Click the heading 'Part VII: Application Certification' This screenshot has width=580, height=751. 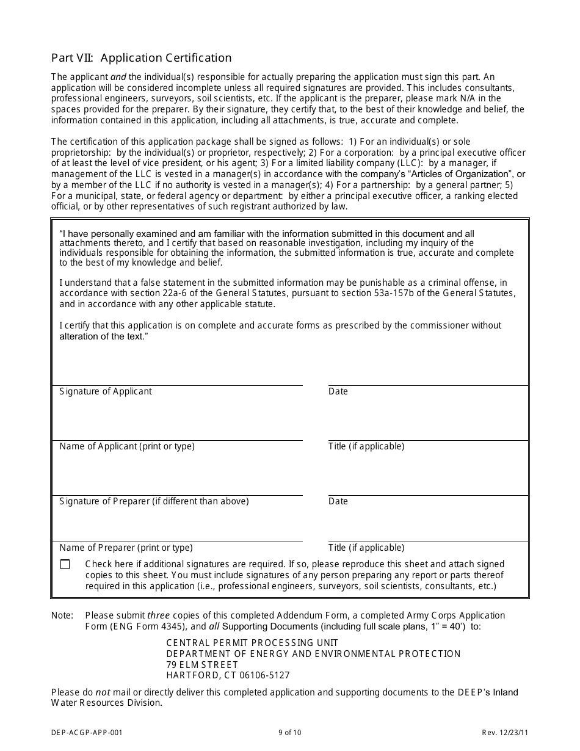point(141,58)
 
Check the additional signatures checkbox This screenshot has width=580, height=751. point(65,565)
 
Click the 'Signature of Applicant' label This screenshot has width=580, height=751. point(106,391)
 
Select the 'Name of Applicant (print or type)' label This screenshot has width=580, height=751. point(127,446)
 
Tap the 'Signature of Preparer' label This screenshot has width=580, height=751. point(154,501)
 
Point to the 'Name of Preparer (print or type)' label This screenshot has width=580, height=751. point(126,548)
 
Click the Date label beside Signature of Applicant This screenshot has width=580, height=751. point(338,391)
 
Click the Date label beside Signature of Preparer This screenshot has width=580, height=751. point(338,501)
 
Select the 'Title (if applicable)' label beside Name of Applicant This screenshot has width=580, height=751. point(366,446)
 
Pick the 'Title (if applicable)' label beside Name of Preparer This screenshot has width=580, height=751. point(366,548)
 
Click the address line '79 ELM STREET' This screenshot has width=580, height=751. point(202,665)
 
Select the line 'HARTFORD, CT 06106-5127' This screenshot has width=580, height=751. point(228,676)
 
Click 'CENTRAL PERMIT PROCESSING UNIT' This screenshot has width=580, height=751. point(252,643)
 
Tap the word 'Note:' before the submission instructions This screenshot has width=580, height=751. point(62,615)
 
